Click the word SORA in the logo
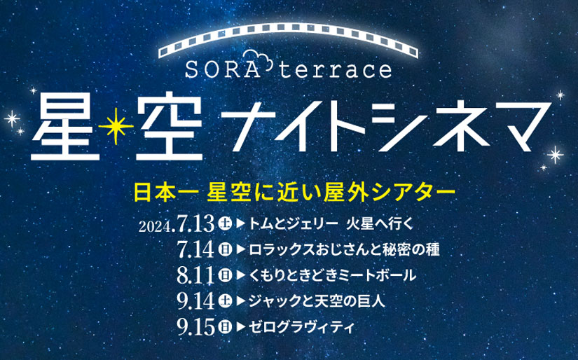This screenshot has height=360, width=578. [222, 69]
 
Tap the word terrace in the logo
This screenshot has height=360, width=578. [336, 69]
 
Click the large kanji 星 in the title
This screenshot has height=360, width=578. [66, 126]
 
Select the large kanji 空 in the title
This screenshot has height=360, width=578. [170, 126]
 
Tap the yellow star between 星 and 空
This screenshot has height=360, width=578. [116, 126]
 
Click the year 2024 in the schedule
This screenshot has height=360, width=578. [156, 227]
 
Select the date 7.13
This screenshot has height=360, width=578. [195, 223]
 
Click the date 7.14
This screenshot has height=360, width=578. [195, 249]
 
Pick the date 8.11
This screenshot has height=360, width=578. [195, 275]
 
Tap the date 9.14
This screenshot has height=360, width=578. [195, 300]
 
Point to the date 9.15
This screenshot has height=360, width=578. [195, 326]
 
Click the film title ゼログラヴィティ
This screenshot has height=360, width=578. [301, 327]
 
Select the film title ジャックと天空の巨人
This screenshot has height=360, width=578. [317, 301]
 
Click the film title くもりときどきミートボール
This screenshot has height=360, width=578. [333, 275]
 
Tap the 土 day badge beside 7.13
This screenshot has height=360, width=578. [224, 223]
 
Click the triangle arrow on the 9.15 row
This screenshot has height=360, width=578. [241, 327]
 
